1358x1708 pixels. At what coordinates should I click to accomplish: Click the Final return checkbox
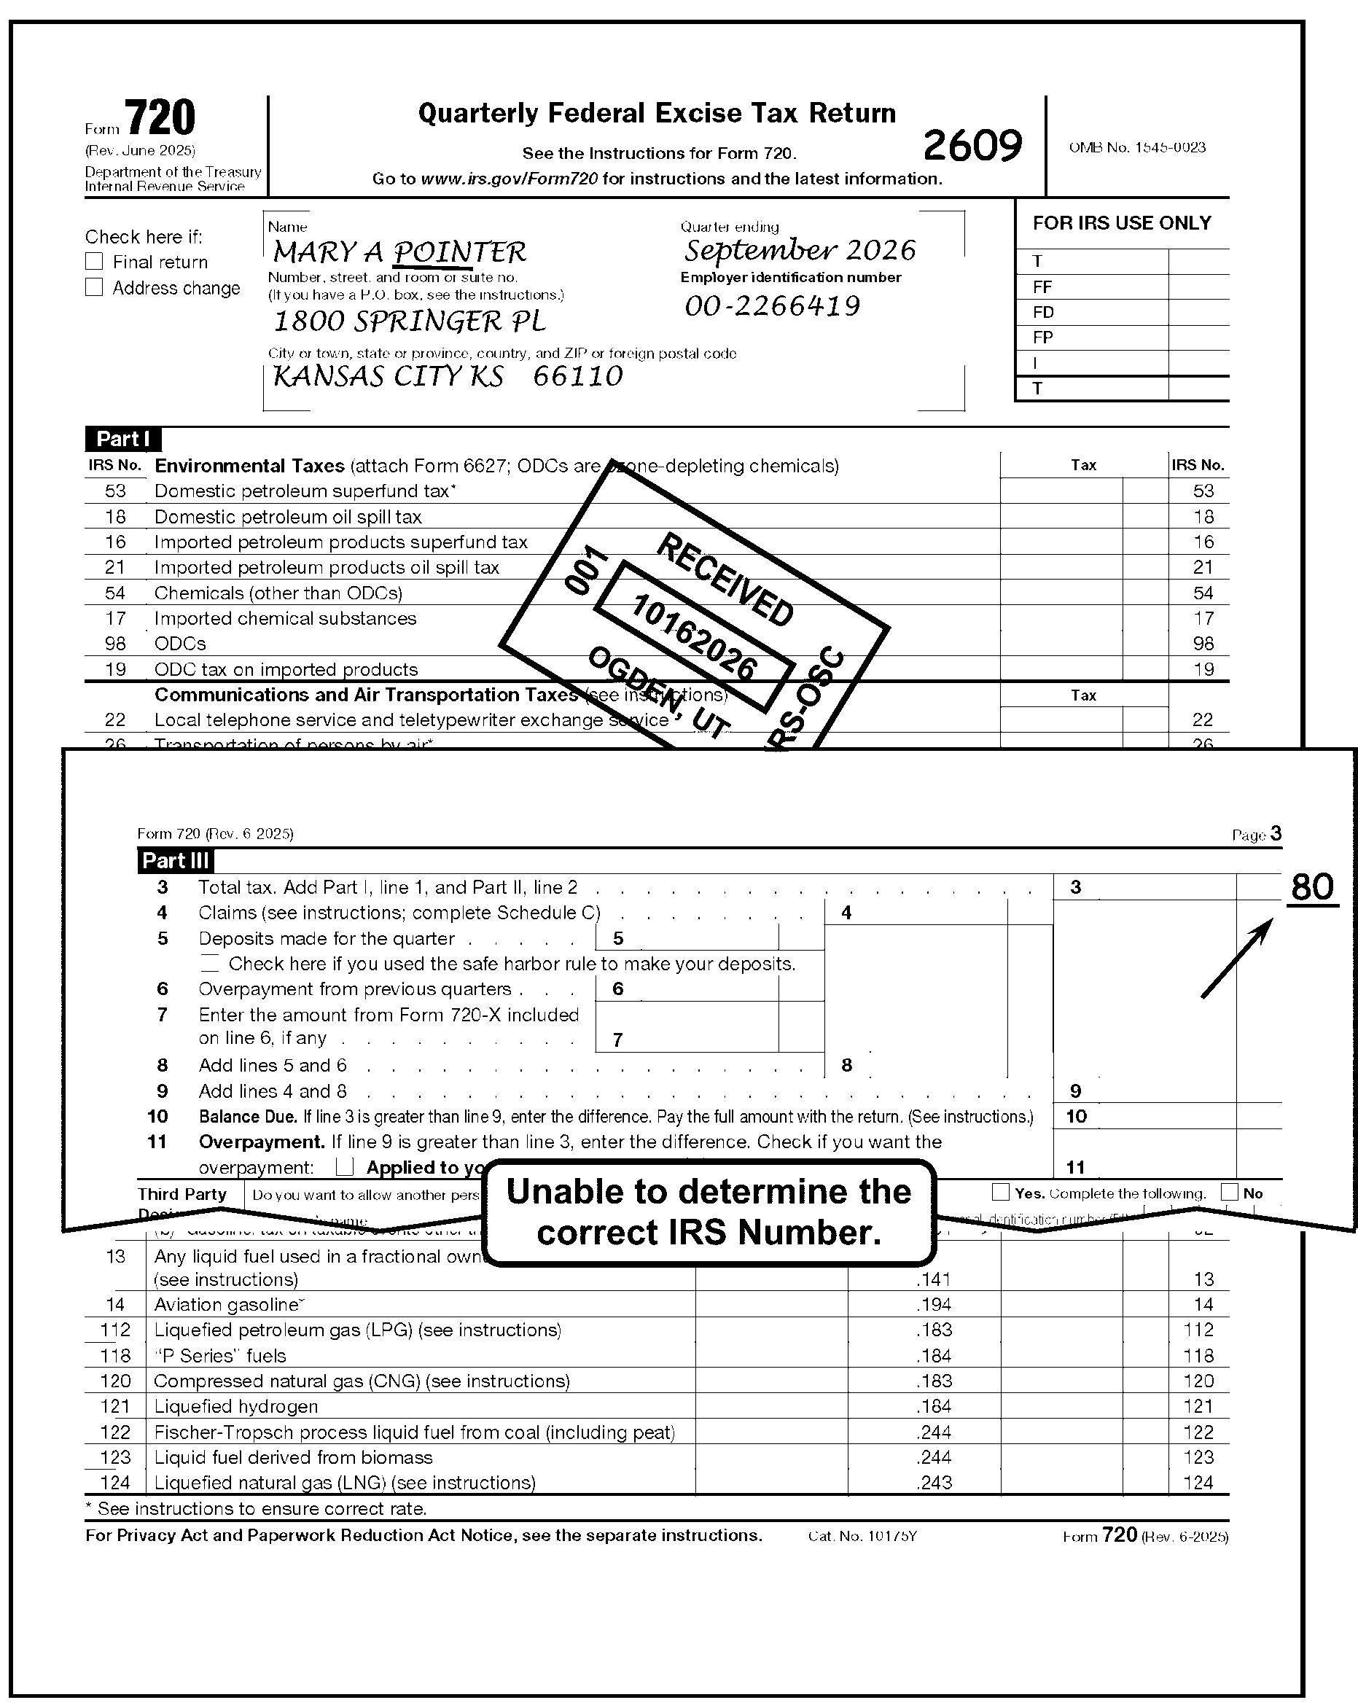click(94, 262)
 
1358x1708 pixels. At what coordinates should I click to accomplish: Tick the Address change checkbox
click(94, 287)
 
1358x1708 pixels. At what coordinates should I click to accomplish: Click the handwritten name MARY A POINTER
click(399, 252)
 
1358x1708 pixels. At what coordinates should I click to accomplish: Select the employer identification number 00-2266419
click(773, 305)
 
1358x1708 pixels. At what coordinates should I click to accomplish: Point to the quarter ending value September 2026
click(800, 250)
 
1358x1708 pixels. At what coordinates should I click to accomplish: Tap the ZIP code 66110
click(577, 375)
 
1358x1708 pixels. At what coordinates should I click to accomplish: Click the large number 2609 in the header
click(972, 146)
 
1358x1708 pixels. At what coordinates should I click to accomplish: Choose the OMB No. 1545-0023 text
click(1137, 147)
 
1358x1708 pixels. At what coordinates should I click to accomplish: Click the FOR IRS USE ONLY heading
click(1121, 223)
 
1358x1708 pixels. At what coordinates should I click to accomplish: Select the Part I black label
click(122, 439)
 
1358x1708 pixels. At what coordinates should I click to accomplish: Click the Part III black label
click(175, 860)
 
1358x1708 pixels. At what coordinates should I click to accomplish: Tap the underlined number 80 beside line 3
click(1312, 887)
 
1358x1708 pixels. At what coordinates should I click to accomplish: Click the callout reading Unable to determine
click(709, 1212)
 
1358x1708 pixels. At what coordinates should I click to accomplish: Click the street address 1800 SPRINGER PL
click(409, 321)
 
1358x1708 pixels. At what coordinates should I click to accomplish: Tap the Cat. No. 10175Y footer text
click(862, 1536)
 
